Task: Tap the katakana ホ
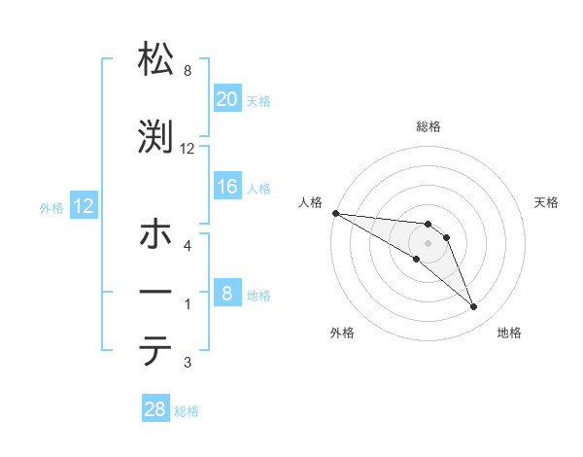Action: pyautogui.click(x=156, y=236)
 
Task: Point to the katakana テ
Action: pyautogui.click(x=156, y=351)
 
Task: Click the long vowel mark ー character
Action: pyautogui.click(x=156, y=293)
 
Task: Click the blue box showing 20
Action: pyautogui.click(x=226, y=99)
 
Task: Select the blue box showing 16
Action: pyautogui.click(x=226, y=187)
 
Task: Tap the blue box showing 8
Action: pyautogui.click(x=226, y=294)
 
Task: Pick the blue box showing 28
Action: pyautogui.click(x=155, y=410)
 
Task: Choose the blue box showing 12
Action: pyautogui.click(x=83, y=206)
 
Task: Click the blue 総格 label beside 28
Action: pyautogui.click(x=187, y=411)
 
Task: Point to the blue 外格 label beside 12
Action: pyautogui.click(x=51, y=207)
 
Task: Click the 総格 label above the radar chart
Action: pyautogui.click(x=429, y=126)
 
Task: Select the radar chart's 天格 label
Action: pyautogui.click(x=546, y=202)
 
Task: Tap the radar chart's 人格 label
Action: pyautogui.click(x=310, y=202)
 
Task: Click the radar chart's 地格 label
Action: pyautogui.click(x=509, y=333)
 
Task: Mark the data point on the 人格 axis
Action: pyautogui.click(x=335, y=212)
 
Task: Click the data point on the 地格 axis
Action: pyautogui.click(x=473, y=307)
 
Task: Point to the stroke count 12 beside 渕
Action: pyautogui.click(x=188, y=149)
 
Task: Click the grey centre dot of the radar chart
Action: pyautogui.click(x=428, y=243)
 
